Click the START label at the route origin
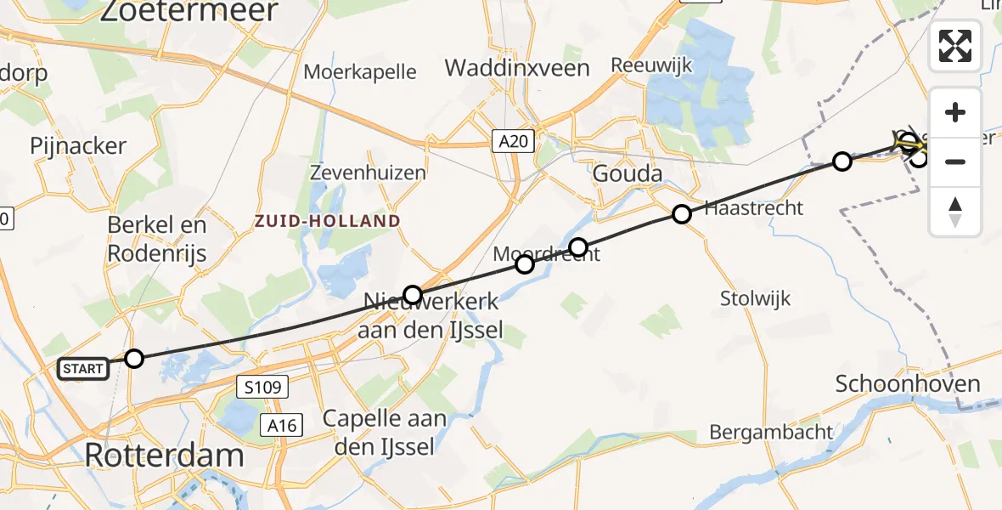tap(83, 369)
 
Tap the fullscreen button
tap(955, 46)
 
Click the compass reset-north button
tap(955, 211)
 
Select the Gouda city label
tap(628, 174)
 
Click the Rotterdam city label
tap(164, 456)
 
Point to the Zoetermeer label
tap(189, 12)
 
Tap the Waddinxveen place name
tap(517, 68)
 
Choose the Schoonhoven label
tap(908, 383)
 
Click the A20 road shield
tap(515, 141)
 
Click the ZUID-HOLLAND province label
tap(327, 221)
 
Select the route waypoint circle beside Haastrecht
tap(681, 214)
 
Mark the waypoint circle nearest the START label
tap(134, 359)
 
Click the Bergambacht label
tap(771, 432)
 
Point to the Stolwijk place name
tap(755, 298)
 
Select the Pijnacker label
tap(78, 146)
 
